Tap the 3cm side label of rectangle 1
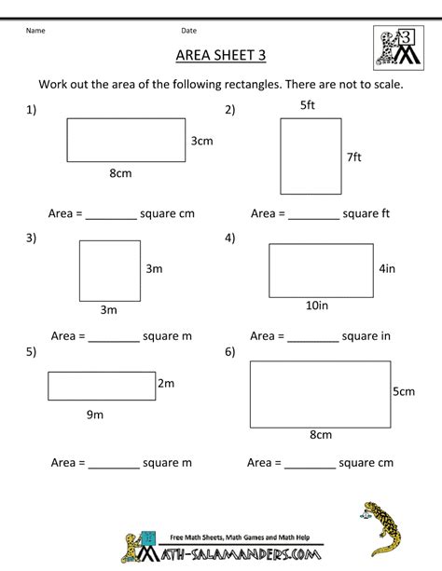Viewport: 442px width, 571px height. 202,142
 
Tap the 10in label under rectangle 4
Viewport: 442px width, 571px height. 317,305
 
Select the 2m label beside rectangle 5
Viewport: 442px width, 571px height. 168,383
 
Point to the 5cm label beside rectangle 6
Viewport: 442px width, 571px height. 403,391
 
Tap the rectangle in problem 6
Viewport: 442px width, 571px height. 320,392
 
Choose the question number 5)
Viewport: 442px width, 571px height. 31,352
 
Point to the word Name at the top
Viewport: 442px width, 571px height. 35,30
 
